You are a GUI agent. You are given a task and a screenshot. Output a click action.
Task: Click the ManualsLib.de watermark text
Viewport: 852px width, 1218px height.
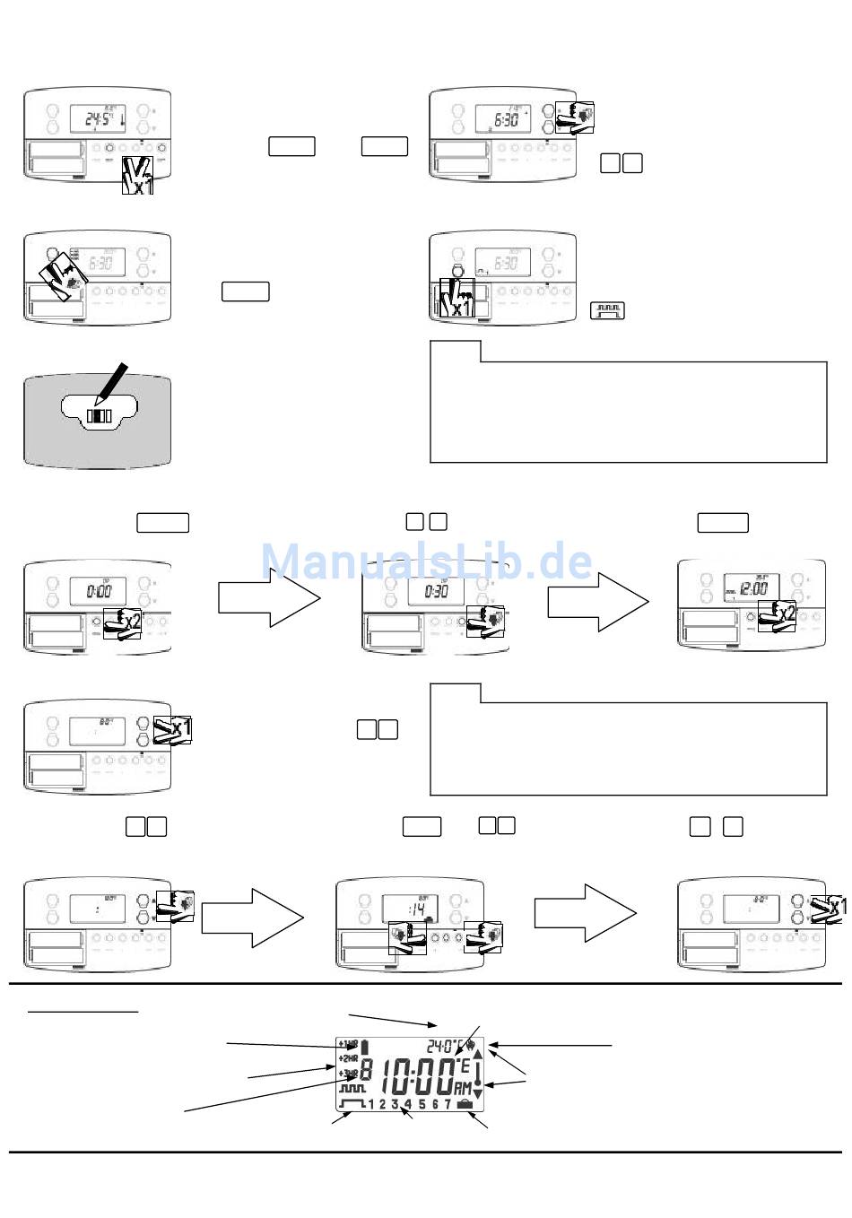[427, 561]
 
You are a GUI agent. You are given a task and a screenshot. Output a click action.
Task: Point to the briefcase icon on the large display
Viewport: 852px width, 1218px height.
[464, 1103]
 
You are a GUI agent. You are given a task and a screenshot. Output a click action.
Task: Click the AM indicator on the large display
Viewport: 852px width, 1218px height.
[463, 1087]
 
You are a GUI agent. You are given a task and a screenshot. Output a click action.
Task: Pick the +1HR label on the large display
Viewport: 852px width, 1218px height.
[348, 1044]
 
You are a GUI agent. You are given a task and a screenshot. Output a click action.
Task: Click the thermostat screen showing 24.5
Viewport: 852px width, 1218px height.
[97, 117]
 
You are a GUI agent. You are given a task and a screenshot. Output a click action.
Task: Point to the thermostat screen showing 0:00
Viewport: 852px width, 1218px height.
[98, 592]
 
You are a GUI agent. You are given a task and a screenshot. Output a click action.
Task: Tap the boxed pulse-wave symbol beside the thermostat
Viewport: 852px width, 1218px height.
[607, 311]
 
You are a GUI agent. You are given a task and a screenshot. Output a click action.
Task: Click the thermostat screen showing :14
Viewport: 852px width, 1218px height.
[409, 909]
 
